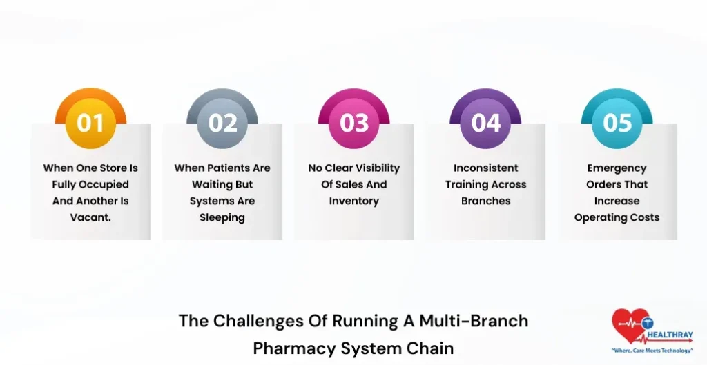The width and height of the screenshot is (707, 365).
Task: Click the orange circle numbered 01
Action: [x=90, y=123]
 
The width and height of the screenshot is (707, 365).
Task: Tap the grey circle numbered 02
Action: [x=222, y=123]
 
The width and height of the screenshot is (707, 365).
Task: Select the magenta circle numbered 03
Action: [x=354, y=123]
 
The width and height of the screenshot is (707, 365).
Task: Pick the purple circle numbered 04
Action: [x=486, y=123]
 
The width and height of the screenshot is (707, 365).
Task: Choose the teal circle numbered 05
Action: [x=617, y=123]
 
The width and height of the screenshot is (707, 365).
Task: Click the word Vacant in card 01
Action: [x=91, y=217]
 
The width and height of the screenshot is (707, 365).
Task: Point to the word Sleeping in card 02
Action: [x=222, y=217]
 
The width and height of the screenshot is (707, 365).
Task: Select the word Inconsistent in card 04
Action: [x=486, y=168]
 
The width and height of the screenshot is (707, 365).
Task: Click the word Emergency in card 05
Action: [x=617, y=168]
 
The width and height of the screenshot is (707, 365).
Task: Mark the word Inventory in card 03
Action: [x=354, y=201]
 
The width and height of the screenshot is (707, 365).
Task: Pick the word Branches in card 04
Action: [x=486, y=201]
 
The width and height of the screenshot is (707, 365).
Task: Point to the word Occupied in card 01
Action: [x=104, y=184]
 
